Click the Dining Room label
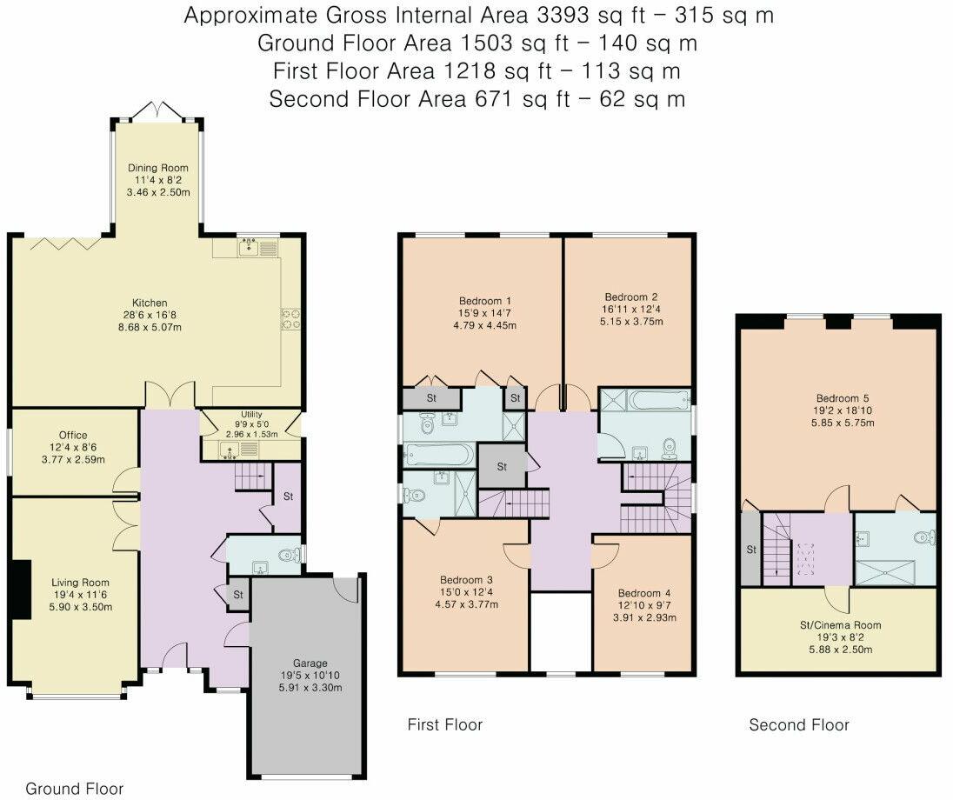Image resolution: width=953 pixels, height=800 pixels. pyautogui.click(x=157, y=168)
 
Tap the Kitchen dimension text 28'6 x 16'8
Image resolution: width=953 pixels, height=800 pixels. pyautogui.click(x=157, y=316)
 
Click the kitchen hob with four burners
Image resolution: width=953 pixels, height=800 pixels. pyautogui.click(x=290, y=319)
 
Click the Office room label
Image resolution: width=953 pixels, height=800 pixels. pyautogui.click(x=73, y=435)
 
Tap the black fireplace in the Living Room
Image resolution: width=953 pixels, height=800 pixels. pyautogui.click(x=19, y=588)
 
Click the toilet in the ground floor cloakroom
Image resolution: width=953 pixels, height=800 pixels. pyautogui.click(x=284, y=555)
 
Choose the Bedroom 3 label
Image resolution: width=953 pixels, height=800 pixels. pyautogui.click(x=466, y=580)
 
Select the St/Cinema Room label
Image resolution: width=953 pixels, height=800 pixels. pyautogui.click(x=839, y=624)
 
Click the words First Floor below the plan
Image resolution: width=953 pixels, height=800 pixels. pyautogui.click(x=444, y=724)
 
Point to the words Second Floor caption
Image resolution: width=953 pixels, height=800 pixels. pyautogui.click(x=799, y=724)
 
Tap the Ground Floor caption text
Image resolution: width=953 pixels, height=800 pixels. pyautogui.click(x=74, y=789)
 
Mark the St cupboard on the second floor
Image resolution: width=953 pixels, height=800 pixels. pyautogui.click(x=750, y=550)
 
